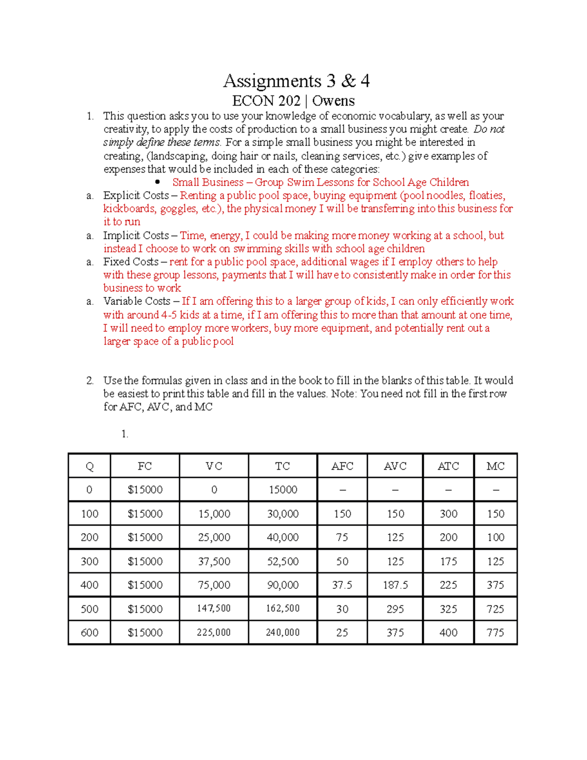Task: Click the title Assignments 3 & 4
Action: pyautogui.click(x=296, y=81)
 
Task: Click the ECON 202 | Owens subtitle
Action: pyautogui.click(x=293, y=101)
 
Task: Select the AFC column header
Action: pyautogui.click(x=342, y=466)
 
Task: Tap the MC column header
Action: pyautogui.click(x=495, y=466)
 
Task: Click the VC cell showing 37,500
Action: pyautogui.click(x=214, y=561)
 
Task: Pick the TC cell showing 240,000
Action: pyautogui.click(x=282, y=632)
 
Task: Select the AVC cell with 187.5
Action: pyautogui.click(x=395, y=585)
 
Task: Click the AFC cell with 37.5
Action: pyautogui.click(x=342, y=585)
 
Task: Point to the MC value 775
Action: pyautogui.click(x=495, y=632)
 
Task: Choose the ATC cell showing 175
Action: pyautogui.click(x=448, y=561)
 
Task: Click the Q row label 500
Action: pyautogui.click(x=90, y=609)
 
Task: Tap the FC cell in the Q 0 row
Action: pyautogui.click(x=145, y=489)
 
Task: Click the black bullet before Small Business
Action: pyautogui.click(x=158, y=182)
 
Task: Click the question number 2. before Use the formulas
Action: pyautogui.click(x=90, y=380)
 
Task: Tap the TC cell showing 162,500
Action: pyautogui.click(x=282, y=608)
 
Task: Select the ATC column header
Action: pyautogui.click(x=448, y=466)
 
